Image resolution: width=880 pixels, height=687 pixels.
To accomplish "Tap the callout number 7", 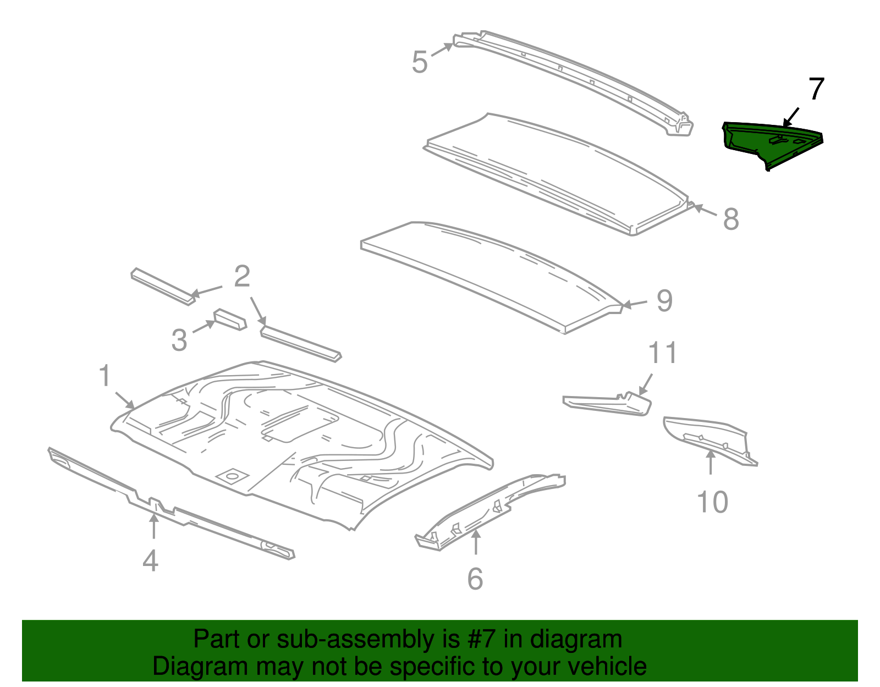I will point(816,89).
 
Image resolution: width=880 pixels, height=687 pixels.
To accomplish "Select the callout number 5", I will point(419,62).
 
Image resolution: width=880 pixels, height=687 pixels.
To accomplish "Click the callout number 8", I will point(730,219).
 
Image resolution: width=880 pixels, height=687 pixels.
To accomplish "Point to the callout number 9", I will point(664,301).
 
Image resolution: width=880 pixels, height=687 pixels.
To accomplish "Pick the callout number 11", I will point(662,353).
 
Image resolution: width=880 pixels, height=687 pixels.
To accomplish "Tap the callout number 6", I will point(475,579).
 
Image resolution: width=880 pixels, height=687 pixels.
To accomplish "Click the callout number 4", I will point(150,561).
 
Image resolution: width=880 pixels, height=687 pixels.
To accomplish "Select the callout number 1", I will point(105,376).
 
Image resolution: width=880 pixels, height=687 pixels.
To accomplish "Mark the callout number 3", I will point(179,340).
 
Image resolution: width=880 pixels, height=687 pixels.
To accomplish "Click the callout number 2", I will point(242,277).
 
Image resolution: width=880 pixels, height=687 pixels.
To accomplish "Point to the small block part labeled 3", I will point(230,319).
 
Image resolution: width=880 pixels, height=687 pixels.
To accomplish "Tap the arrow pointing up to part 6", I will point(476,542).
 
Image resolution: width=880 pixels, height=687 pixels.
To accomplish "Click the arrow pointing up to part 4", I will point(153,526).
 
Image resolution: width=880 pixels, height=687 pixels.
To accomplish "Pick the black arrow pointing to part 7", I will point(791,117).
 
